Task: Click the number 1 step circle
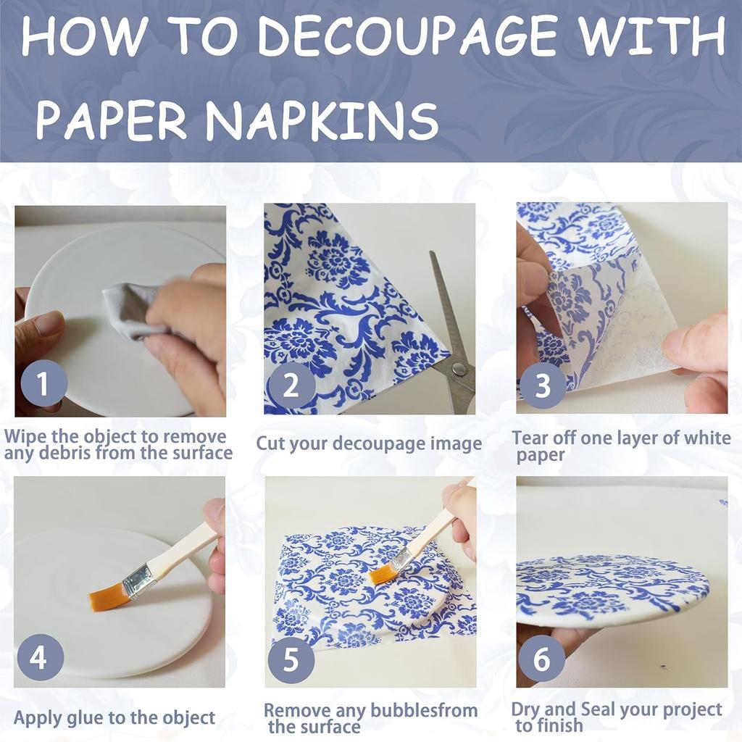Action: [43, 383]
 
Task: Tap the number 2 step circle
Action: [291, 385]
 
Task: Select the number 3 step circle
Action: [543, 385]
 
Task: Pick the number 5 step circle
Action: [291, 660]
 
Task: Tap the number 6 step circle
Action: [541, 659]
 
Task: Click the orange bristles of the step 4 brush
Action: [107, 598]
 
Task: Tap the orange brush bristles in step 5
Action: [383, 575]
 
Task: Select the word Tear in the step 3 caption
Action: [528, 438]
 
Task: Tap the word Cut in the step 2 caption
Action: [270, 443]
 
